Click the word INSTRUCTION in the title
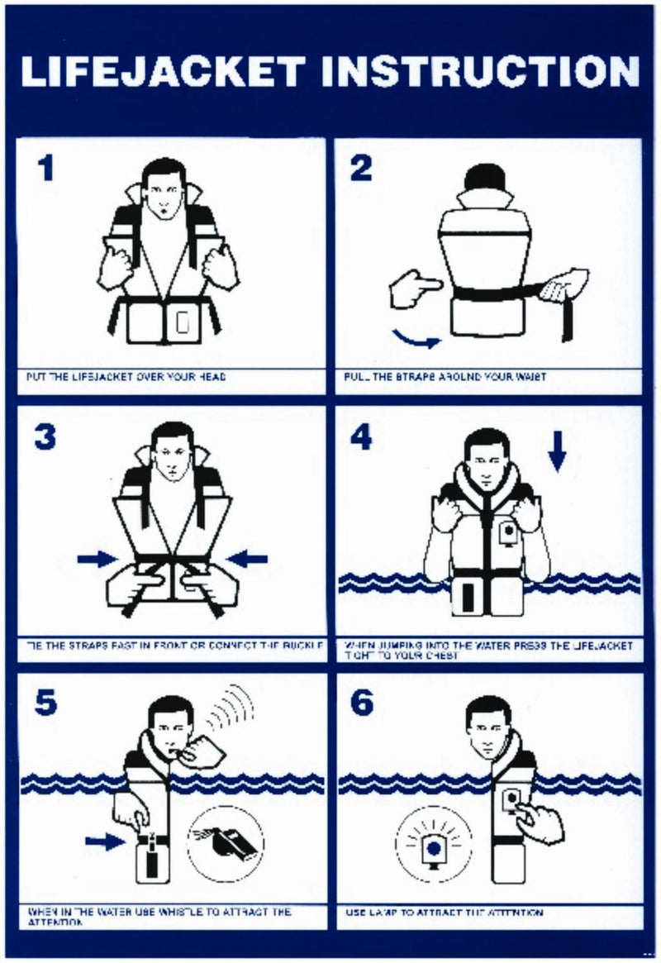[x=482, y=72]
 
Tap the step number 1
[x=46, y=169]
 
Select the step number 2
[x=361, y=169]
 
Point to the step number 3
[x=45, y=436]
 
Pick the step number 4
[x=361, y=436]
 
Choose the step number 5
[x=46, y=703]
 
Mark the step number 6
[x=361, y=703]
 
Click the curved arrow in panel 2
[x=416, y=337]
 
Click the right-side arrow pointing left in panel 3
[x=247, y=560]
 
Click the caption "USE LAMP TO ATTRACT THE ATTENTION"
[x=444, y=913]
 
